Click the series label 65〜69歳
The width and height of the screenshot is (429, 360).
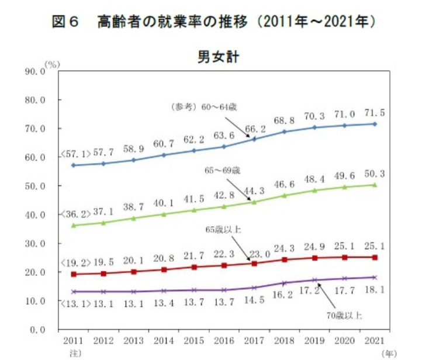(x=223, y=170)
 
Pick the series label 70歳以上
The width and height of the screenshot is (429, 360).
(x=344, y=316)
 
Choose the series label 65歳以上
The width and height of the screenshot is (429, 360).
(x=223, y=229)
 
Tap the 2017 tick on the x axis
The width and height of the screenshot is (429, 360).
(x=254, y=341)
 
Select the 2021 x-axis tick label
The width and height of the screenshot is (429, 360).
(x=374, y=341)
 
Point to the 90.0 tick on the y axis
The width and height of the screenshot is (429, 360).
(x=34, y=71)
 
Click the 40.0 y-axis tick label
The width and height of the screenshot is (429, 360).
(x=34, y=215)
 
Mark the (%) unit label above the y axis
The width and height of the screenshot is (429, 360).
(x=53, y=65)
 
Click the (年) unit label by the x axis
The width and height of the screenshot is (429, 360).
(x=389, y=353)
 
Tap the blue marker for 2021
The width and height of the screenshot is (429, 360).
(x=374, y=124)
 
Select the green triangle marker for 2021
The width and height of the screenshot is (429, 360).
(x=374, y=185)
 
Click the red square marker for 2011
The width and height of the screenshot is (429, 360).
(x=73, y=274)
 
